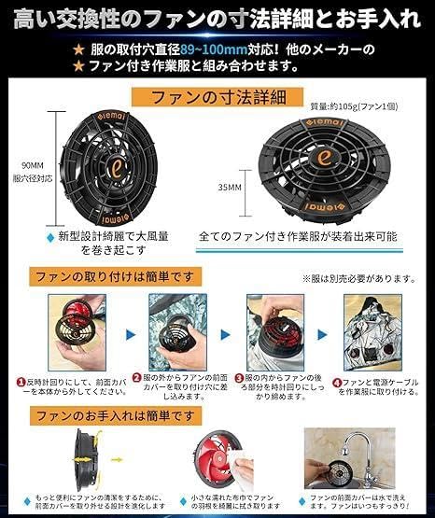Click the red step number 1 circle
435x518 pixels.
pyautogui.click(x=20, y=382)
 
